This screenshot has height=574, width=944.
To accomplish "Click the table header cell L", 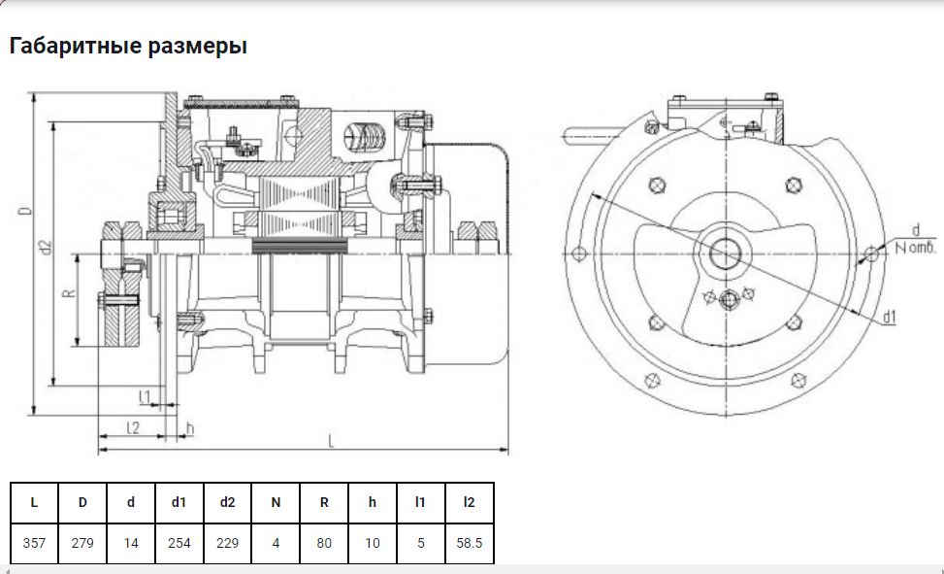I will click(x=34, y=502).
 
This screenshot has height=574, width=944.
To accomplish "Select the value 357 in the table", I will click(x=34, y=543).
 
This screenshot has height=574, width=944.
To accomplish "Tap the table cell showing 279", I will click(x=82, y=543).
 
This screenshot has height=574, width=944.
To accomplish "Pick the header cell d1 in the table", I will click(x=179, y=502).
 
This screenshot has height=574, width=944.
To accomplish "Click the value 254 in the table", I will click(x=179, y=543).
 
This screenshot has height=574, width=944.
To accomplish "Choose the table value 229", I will click(x=227, y=543).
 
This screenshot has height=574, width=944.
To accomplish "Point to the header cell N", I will click(x=276, y=502).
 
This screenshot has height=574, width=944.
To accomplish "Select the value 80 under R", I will click(x=324, y=543).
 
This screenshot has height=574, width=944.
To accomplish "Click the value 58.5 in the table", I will click(x=469, y=543).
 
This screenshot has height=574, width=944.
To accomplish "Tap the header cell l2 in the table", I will click(x=469, y=502).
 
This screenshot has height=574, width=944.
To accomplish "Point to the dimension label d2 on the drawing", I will click(x=45, y=249).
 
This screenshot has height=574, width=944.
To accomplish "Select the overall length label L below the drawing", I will click(x=332, y=442).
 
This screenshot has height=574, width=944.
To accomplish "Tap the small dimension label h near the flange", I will click(x=190, y=427).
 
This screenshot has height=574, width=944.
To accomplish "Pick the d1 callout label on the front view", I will click(x=889, y=317).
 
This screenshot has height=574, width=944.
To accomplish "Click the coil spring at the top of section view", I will click(x=365, y=134).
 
